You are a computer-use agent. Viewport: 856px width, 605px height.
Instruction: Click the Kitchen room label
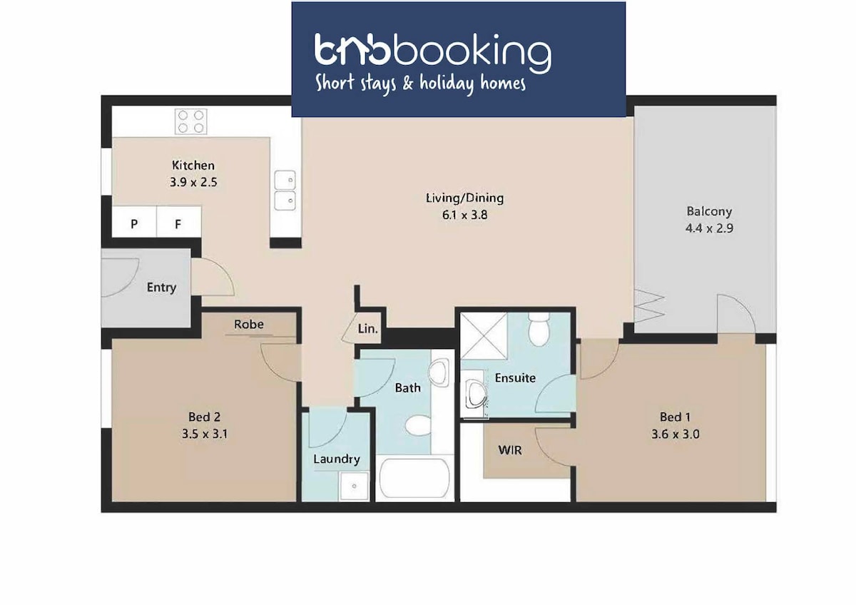click(193, 166)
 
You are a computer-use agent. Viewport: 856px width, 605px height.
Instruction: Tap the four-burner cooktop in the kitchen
click(191, 121)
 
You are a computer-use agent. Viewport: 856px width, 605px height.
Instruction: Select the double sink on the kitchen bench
click(285, 190)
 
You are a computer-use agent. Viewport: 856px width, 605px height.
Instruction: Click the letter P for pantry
click(134, 224)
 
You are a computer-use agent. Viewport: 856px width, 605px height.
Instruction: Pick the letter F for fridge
click(178, 224)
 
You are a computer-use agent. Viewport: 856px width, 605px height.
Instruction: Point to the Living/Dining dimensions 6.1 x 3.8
click(464, 215)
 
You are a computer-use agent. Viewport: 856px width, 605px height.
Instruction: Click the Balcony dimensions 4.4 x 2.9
click(709, 228)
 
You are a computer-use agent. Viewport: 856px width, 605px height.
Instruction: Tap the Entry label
click(161, 288)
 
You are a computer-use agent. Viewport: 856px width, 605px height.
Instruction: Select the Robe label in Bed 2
click(249, 325)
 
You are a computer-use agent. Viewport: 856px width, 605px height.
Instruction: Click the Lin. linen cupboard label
click(367, 329)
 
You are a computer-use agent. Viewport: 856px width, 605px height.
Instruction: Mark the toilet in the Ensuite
click(539, 330)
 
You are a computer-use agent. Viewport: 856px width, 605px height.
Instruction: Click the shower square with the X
click(484, 336)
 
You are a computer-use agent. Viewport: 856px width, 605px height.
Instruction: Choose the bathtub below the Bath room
click(414, 478)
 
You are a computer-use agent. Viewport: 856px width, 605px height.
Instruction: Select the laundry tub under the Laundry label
click(355, 486)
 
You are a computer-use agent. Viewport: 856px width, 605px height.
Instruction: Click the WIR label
click(510, 450)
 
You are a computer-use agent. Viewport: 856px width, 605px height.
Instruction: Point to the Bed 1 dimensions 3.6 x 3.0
click(676, 434)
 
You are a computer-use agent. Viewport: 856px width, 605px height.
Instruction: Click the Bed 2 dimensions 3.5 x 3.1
click(205, 434)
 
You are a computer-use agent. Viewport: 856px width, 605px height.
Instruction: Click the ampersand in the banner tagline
click(407, 83)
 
